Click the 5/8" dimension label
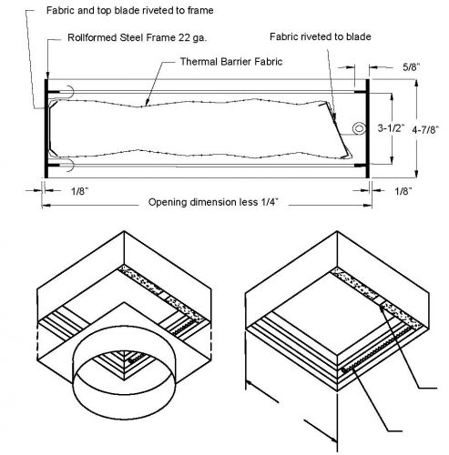coord(412,66)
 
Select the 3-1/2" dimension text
coord(392,128)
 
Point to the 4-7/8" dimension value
coord(425,130)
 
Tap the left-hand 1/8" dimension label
coord(79,191)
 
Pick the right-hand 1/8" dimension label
coord(403,191)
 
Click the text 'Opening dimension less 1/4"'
coord(213,202)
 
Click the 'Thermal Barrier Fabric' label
coord(231,62)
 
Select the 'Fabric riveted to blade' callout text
coord(321,36)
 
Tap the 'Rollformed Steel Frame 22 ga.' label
coord(137,37)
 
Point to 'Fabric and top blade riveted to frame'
coord(130,10)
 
